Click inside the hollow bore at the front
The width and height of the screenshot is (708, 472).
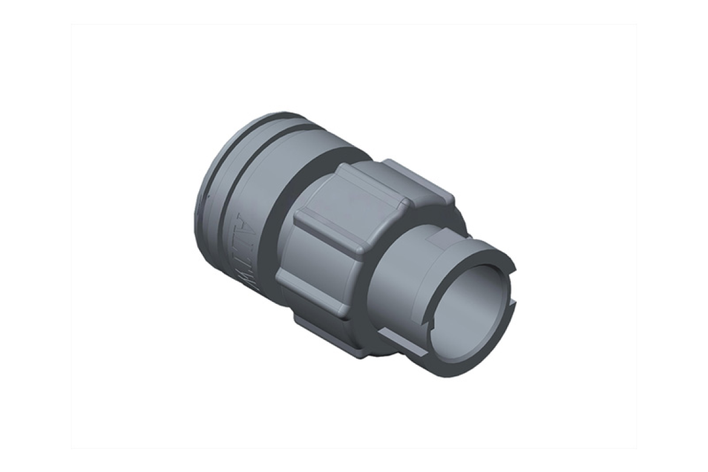478,303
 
